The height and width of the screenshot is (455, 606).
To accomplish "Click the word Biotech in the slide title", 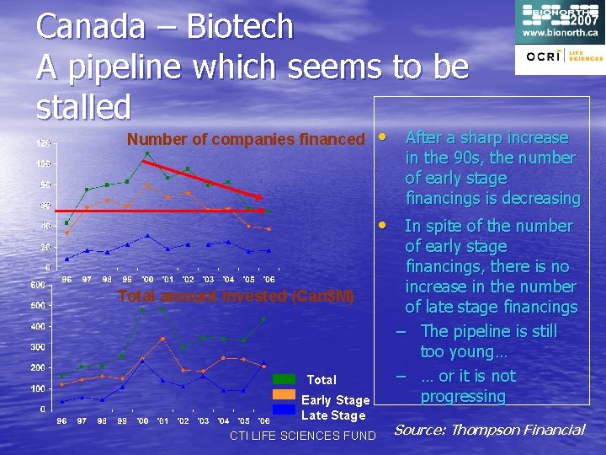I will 240,27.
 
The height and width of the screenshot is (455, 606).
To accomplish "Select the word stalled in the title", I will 84,106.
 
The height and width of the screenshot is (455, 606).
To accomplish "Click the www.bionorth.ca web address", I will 561,32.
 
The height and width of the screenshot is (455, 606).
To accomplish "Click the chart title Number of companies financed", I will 246,139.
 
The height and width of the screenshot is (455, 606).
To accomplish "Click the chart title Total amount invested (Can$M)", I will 236,296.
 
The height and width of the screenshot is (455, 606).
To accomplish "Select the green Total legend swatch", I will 285,379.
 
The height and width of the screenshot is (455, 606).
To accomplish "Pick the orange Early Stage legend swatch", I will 285,395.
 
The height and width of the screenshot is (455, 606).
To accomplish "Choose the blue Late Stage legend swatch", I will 285,410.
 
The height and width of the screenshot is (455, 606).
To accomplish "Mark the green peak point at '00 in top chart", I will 147,153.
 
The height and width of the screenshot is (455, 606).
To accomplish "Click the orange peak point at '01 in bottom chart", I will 162,339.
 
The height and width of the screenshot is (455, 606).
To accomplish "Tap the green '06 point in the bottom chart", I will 263,319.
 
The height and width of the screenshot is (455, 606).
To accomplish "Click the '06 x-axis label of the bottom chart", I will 263,420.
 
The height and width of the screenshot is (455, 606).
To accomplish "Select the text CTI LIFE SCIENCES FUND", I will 302,435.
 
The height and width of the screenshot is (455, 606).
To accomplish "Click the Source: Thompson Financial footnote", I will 489,430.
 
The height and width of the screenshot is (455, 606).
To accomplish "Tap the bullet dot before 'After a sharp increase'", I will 382,136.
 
